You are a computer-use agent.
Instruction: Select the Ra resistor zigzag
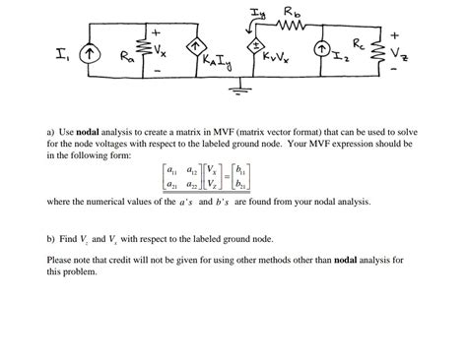pyautogui.click(x=149, y=49)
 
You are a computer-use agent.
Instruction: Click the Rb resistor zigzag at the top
pyautogui.click(x=292, y=25)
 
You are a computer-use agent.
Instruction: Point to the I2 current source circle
pyautogui.click(x=320, y=49)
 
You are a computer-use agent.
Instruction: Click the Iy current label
pyautogui.click(x=259, y=11)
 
